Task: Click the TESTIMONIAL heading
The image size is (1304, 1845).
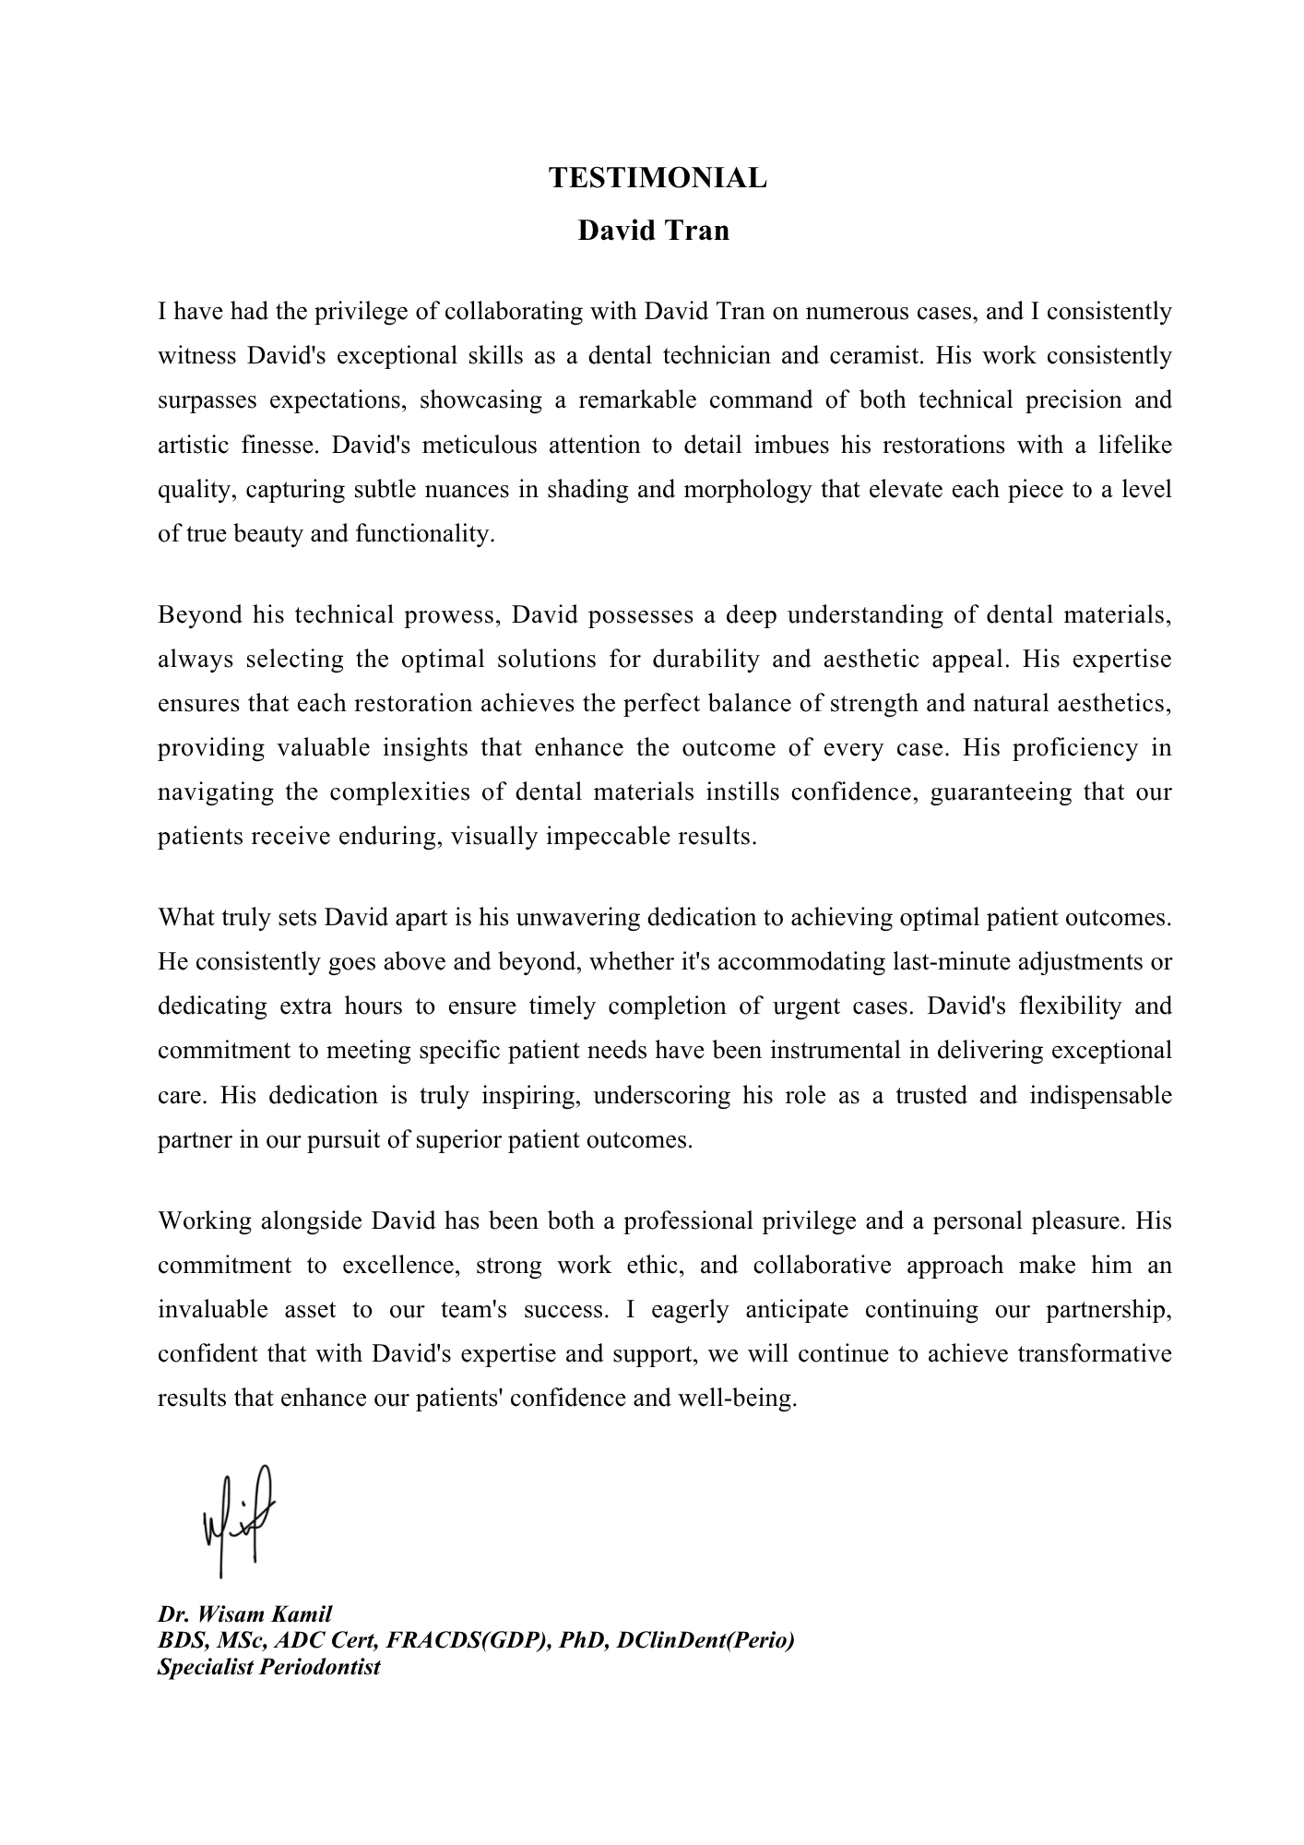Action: pos(658,178)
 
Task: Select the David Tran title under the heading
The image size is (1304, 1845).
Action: pos(653,230)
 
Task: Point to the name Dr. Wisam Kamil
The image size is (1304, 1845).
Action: pos(244,1614)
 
